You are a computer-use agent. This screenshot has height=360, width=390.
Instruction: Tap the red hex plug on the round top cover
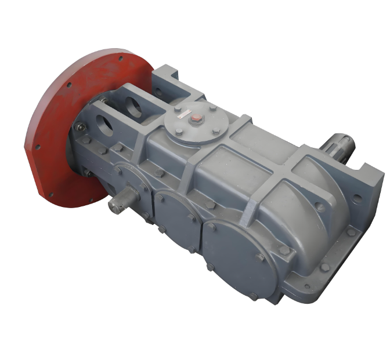pos(196,120)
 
